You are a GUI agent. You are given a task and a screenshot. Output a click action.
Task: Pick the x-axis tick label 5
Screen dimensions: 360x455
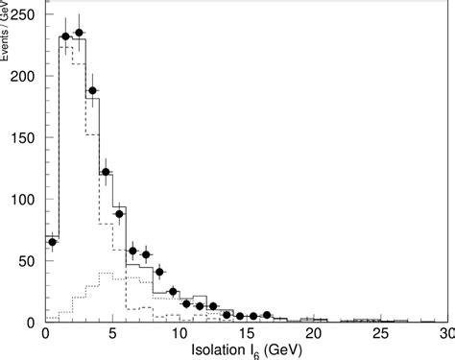[x=112, y=334]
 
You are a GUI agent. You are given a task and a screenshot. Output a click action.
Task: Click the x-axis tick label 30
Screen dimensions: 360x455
[x=443, y=334]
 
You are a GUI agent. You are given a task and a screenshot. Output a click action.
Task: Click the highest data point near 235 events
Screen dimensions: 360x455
[x=79, y=33]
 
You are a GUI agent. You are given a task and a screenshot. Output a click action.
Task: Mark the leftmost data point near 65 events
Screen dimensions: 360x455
[x=52, y=242]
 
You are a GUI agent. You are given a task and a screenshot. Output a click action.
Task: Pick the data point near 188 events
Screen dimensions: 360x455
[x=92, y=90]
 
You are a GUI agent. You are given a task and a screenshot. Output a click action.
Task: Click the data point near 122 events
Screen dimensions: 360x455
[x=106, y=172]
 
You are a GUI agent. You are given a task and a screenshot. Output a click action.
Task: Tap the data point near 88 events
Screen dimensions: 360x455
[x=119, y=213]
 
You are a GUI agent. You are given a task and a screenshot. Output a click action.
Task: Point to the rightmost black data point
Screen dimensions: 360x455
[x=267, y=315]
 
